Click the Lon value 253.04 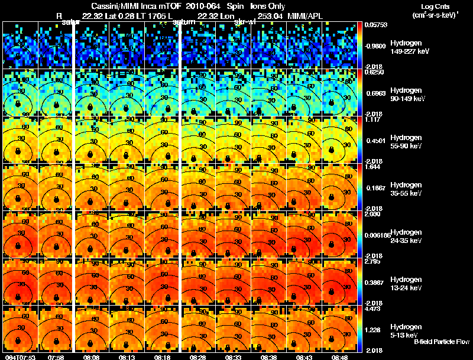268,15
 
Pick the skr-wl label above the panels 244,22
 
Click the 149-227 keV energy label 409,51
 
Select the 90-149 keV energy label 409,98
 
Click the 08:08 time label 91,357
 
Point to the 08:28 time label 197,357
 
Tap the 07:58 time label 56,357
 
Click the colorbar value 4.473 372,309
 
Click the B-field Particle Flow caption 441,342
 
